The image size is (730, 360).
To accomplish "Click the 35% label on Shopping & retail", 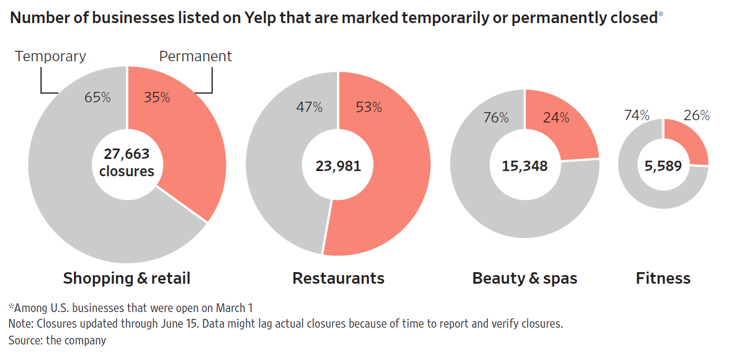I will tap(157, 97).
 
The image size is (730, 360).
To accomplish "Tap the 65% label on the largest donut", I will tap(97, 97).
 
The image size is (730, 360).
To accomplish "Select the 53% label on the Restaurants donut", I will tap(369, 107).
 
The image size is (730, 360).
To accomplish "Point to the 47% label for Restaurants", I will tap(309, 107).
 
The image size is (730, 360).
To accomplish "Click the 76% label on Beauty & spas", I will tap(496, 118).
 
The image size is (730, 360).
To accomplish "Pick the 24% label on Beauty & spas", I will tap(556, 118).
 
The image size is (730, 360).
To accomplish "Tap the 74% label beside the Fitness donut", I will tap(637, 116).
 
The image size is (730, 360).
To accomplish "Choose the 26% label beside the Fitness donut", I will tap(696, 116).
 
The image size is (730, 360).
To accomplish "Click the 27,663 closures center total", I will tap(127, 162).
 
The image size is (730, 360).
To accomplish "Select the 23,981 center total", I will tap(338, 166).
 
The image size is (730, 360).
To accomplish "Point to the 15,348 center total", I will tap(524, 166).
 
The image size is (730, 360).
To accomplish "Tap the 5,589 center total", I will tap(663, 166).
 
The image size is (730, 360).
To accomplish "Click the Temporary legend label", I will tap(50, 56).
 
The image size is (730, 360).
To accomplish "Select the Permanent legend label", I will tap(195, 56).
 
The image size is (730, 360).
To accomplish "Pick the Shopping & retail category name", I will tap(127, 279).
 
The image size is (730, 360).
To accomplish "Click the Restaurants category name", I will tap(338, 279).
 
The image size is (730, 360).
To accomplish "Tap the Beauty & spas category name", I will tap(525, 279).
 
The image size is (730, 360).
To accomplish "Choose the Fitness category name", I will tap(663, 279).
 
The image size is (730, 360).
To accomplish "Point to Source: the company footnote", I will tap(57, 340).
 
